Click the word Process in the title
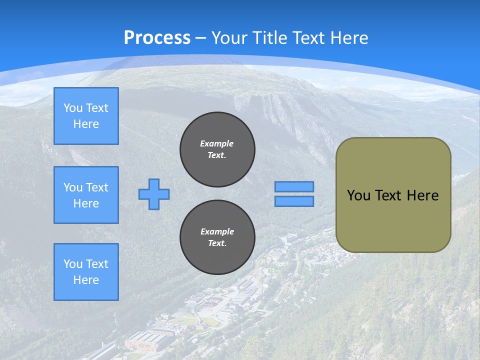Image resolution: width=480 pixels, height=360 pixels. (157, 38)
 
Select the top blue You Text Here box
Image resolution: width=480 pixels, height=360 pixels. (86, 116)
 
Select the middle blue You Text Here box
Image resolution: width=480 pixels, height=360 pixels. (86, 195)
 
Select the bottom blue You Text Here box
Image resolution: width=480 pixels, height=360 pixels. (86, 272)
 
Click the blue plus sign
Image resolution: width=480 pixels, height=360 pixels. (154, 194)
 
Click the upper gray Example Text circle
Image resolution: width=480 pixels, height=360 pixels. (217, 149)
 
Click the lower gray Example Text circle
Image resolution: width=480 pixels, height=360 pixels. (217, 237)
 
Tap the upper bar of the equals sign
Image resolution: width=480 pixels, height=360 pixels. (294, 187)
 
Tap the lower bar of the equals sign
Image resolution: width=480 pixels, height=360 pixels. (294, 201)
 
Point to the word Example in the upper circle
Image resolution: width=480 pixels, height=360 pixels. (216, 143)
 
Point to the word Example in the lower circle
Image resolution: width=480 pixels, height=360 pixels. (217, 231)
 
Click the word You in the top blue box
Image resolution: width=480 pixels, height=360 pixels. (73, 108)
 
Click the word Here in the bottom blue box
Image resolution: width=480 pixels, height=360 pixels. (86, 280)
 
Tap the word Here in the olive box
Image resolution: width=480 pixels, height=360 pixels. (422, 195)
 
